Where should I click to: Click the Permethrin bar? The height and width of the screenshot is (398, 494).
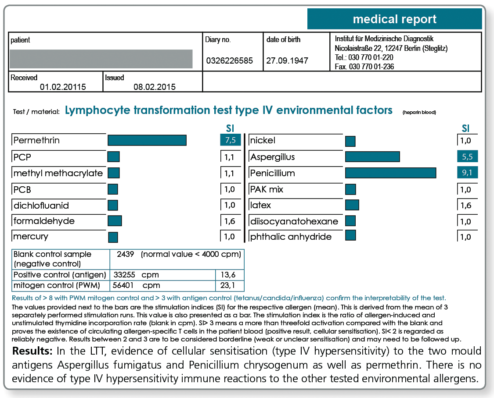click(147, 140)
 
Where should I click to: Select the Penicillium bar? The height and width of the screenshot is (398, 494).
click(391, 173)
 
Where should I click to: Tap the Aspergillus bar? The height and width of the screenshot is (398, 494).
click(372, 156)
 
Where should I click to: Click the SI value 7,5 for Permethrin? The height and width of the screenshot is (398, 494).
click(230, 140)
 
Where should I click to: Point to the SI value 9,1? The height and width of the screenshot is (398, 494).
click(467, 173)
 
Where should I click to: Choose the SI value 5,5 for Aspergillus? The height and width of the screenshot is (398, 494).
click(467, 156)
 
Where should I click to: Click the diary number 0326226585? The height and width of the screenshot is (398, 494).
click(229, 60)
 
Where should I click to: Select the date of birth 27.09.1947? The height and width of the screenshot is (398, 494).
click(287, 60)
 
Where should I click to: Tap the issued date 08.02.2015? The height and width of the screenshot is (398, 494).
click(155, 87)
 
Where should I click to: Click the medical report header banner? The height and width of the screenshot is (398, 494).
click(394, 19)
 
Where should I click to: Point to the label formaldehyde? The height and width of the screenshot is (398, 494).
click(44, 221)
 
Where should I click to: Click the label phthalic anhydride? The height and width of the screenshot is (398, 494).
click(291, 237)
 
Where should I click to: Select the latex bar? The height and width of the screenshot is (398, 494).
click(352, 205)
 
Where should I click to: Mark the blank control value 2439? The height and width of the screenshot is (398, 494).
click(126, 254)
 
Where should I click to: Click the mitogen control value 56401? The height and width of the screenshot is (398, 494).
click(123, 285)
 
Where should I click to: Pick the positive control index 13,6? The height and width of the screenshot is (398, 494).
click(228, 275)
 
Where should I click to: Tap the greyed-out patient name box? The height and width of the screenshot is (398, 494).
click(101, 59)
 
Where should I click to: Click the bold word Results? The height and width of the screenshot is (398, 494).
click(32, 351)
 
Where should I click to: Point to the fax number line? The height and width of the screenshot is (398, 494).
click(364, 67)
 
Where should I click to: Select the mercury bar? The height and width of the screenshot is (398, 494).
click(113, 237)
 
